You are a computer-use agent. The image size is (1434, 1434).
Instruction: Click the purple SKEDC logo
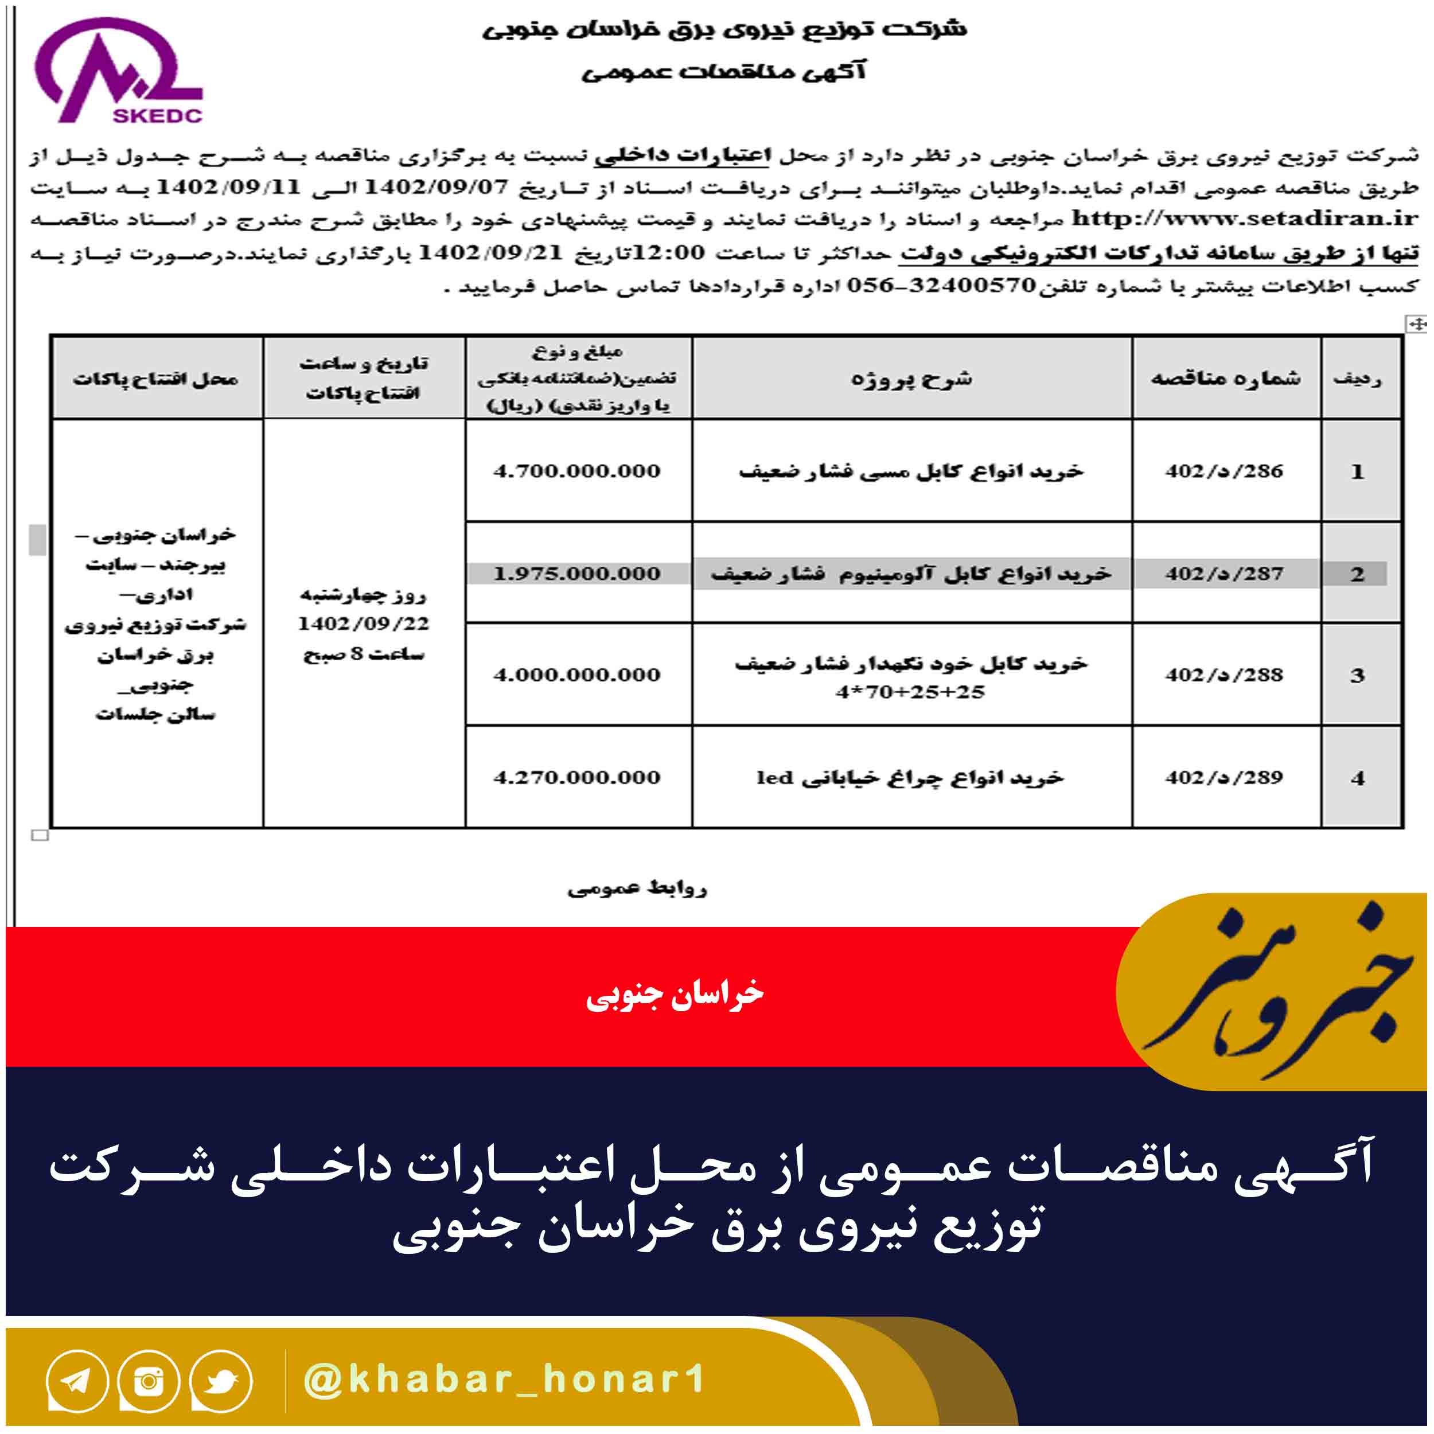pyautogui.click(x=119, y=71)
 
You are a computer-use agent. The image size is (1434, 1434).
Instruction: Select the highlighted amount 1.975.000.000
pyautogui.click(x=576, y=574)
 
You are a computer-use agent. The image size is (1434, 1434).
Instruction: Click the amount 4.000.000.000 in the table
pyautogui.click(x=576, y=675)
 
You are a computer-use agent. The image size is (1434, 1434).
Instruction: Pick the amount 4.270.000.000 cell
pyautogui.click(x=576, y=777)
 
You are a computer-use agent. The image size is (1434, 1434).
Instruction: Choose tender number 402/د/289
pyautogui.click(x=1224, y=777)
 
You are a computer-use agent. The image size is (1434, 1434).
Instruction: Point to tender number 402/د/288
pyautogui.click(x=1224, y=675)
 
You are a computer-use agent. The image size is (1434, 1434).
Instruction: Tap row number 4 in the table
pyautogui.click(x=1358, y=778)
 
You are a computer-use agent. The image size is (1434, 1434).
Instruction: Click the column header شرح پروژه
pyautogui.click(x=911, y=379)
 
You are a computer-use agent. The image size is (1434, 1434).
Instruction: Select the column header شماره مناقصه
pyautogui.click(x=1225, y=378)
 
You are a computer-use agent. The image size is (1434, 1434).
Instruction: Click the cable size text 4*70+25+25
pyautogui.click(x=910, y=692)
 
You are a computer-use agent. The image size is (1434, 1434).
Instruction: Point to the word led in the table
pyautogui.click(x=775, y=777)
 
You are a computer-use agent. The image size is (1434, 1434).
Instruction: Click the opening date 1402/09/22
pyautogui.click(x=364, y=624)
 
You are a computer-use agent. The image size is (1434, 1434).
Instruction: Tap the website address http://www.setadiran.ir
pyautogui.click(x=1245, y=219)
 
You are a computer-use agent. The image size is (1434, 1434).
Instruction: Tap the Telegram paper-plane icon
pyautogui.click(x=76, y=1381)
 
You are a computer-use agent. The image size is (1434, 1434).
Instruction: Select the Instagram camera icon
pyautogui.click(x=149, y=1381)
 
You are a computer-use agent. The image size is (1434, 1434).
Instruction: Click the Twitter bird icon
pyautogui.click(x=220, y=1381)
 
